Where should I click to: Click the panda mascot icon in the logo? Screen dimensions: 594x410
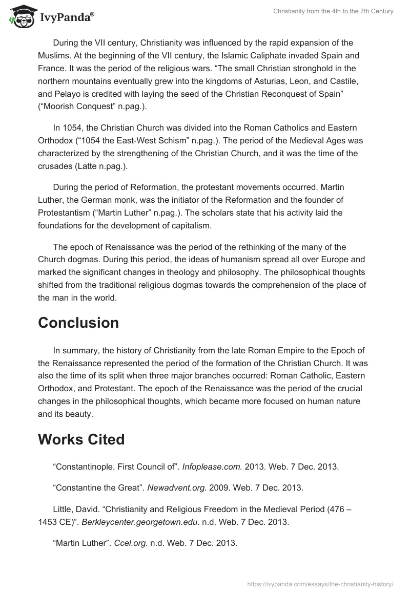[x=20, y=17]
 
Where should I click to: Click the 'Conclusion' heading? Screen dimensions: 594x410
[x=78, y=323]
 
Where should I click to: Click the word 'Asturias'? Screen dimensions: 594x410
[x=277, y=81]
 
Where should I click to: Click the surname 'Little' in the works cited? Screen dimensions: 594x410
[x=64, y=509]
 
